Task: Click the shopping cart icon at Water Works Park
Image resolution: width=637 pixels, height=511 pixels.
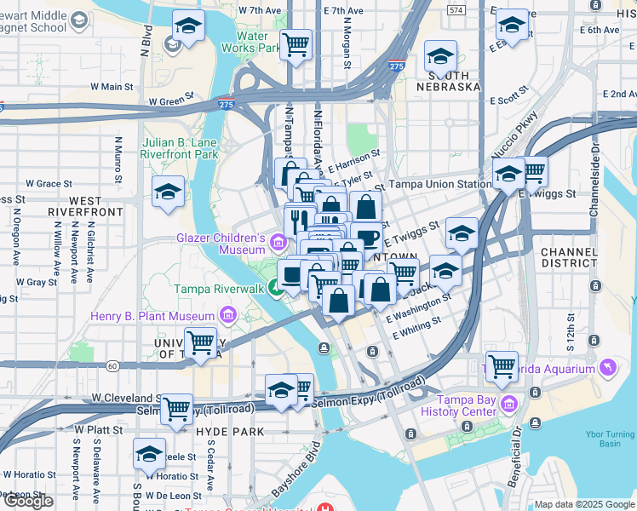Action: (296, 43)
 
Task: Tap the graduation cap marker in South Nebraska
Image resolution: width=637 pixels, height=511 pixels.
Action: (440, 57)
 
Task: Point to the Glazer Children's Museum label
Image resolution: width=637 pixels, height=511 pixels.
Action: (221, 244)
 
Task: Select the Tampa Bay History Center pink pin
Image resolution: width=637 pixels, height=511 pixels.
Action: (509, 402)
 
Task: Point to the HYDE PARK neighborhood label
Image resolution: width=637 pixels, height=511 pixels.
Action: (220, 433)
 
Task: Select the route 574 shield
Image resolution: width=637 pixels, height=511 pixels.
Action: (456, 10)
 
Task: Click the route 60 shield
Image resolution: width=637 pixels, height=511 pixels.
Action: (112, 366)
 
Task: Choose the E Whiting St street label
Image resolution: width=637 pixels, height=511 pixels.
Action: (416, 328)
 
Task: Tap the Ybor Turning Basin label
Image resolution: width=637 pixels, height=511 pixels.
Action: (610, 439)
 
